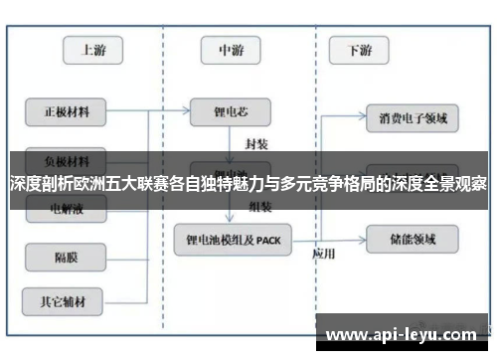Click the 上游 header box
[x=93, y=49]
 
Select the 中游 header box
[x=232, y=49]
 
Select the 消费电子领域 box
[x=413, y=120]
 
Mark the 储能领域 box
[x=413, y=238]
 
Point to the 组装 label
[x=260, y=206]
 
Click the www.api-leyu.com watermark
[x=403, y=334]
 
